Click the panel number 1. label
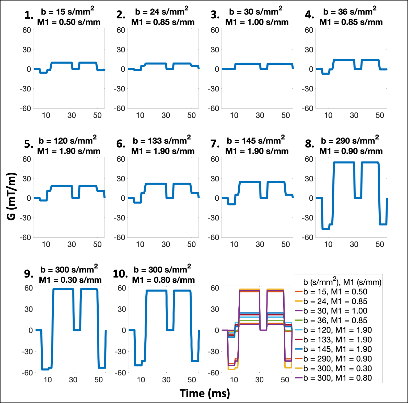pyautogui.click(x=29, y=15)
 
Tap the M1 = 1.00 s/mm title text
pyautogui.click(x=257, y=22)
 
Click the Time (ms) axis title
pyautogui.click(x=205, y=393)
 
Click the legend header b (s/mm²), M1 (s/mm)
pyautogui.click(x=342, y=282)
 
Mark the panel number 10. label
pyautogui.click(x=120, y=274)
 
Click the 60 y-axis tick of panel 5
pyautogui.click(x=27, y=159)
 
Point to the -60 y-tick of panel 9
pyautogui.click(x=27, y=373)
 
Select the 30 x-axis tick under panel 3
pyautogui.click(x=260, y=116)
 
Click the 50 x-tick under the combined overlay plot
pyautogui.click(x=285, y=380)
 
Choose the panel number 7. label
pyautogui.click(x=215, y=144)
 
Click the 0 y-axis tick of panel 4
pyautogui.click(x=311, y=69)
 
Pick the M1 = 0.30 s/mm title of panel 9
pyautogui.click(x=70, y=280)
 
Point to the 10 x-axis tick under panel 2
pyautogui.click(x=140, y=116)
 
